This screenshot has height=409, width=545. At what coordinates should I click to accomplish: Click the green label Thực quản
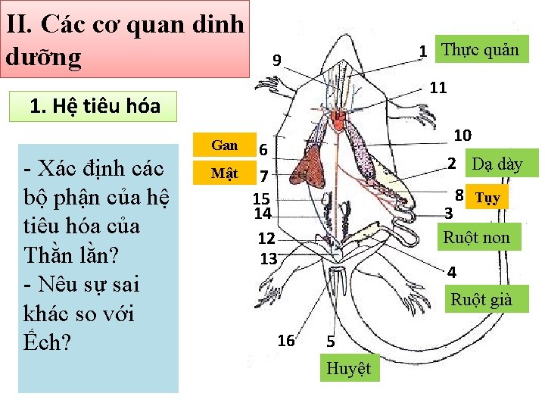coord(480,50)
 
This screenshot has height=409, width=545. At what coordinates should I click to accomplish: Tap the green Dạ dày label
coord(497,164)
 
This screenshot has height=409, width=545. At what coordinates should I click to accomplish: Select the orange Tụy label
coord(487,198)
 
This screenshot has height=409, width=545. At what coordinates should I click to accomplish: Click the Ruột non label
coord(476,237)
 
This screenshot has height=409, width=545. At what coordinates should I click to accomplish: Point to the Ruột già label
coord(481,299)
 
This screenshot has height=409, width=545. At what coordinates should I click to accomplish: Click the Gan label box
coord(225,145)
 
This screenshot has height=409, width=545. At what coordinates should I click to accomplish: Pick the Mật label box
coord(224,173)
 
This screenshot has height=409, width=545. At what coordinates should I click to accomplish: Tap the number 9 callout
coord(277,61)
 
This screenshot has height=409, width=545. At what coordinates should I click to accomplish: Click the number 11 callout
coord(438,87)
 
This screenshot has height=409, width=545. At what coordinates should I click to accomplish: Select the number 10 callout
coord(462,136)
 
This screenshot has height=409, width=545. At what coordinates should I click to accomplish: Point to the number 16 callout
coord(285,341)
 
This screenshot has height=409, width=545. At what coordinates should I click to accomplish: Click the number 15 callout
coord(261,199)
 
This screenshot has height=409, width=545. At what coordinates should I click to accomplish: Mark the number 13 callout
coord(268,258)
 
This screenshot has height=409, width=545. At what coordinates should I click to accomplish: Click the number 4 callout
coord(452,272)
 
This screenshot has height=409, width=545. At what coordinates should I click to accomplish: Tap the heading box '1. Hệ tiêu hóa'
coord(95,105)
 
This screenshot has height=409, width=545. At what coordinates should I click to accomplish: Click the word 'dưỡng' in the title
coord(43,58)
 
